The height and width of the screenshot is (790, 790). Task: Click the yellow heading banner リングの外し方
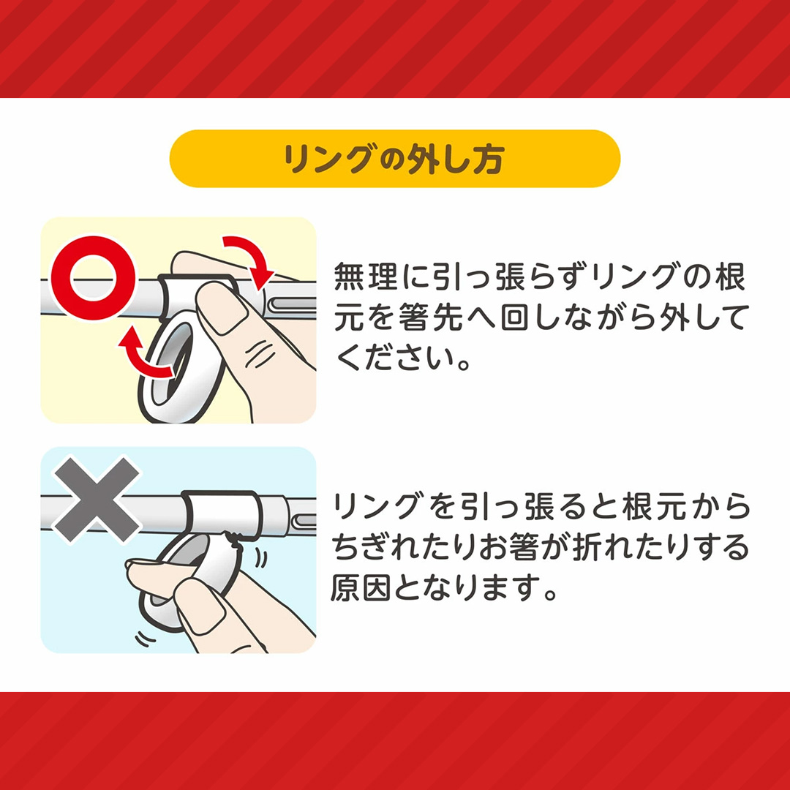point(395,159)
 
